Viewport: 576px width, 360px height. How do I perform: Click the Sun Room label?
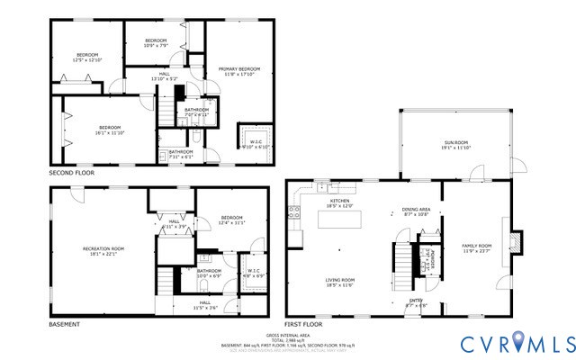click(x=456, y=145)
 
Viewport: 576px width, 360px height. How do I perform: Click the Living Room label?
click(x=339, y=282)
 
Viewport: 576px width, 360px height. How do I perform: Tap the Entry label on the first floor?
click(x=416, y=302)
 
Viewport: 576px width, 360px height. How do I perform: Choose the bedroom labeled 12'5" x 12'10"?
click(x=87, y=58)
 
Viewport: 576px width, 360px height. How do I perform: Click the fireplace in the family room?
click(x=514, y=242)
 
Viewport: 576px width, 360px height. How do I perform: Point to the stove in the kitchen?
click(x=292, y=214)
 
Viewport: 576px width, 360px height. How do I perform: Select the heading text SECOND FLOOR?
click(x=71, y=172)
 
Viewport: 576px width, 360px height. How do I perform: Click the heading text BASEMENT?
click(x=64, y=324)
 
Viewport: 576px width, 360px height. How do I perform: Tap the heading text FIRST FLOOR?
click(x=303, y=324)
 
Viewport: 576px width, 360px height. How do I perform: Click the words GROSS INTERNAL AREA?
click(x=288, y=333)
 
